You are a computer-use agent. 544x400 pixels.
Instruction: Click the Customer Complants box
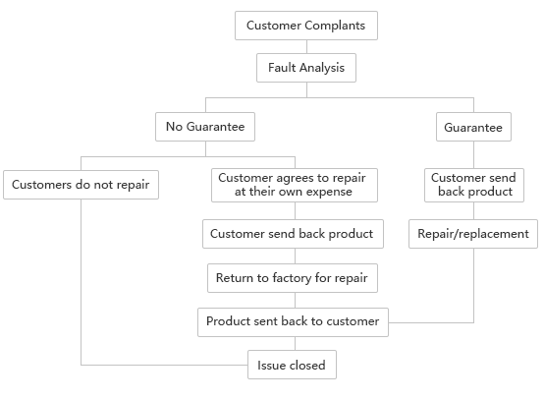point(306,26)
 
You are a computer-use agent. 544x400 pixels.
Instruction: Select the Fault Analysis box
point(306,68)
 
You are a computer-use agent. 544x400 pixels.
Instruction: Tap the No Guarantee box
point(205,127)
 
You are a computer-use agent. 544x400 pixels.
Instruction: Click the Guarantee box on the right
point(473,127)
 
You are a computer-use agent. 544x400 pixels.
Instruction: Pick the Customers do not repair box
point(81,185)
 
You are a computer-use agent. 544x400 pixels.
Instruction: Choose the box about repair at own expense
point(295,185)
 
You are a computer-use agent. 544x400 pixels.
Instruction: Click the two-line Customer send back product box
point(474,185)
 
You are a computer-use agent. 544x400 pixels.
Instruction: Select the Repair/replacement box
point(473,234)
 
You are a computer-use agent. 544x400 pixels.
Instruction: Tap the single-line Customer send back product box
point(294,234)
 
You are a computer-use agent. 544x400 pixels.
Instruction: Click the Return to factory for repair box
point(293,278)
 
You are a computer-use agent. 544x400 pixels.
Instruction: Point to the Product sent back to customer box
point(294,322)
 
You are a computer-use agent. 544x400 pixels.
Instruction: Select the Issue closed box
point(292,365)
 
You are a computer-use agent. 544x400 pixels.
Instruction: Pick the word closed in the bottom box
point(307,365)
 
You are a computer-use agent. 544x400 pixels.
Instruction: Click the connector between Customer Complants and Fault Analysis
point(306,46)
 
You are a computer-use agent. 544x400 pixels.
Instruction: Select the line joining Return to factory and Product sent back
point(296,301)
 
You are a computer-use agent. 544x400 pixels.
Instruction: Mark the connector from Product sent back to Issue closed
point(296,343)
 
